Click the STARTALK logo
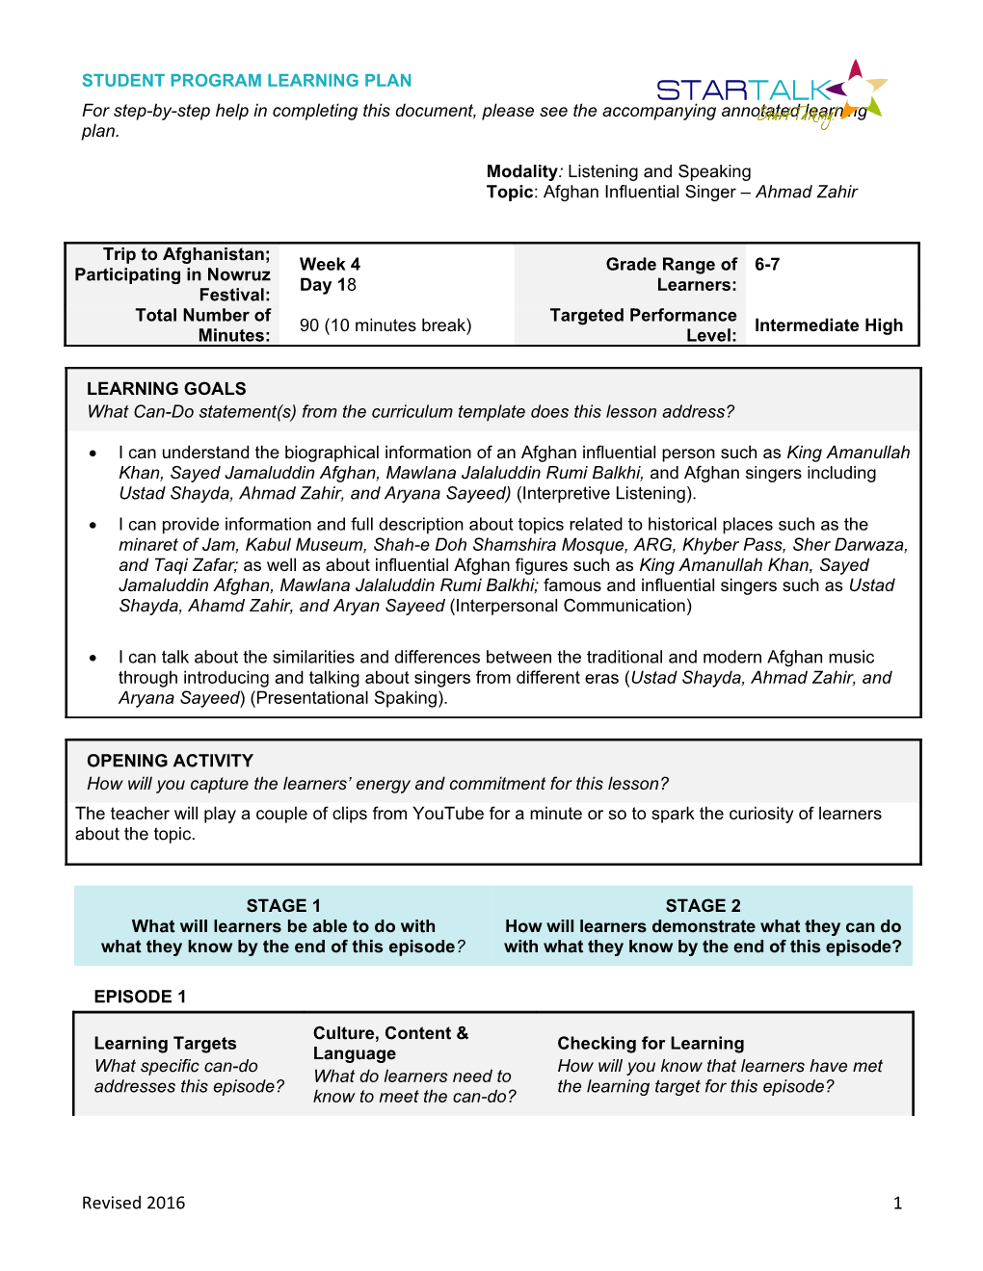click(x=771, y=92)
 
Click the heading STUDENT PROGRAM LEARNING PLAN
click(x=247, y=81)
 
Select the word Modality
click(x=521, y=171)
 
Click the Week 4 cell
click(x=330, y=264)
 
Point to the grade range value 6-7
click(x=767, y=264)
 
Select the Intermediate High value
click(x=828, y=325)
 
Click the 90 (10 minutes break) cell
click(x=385, y=325)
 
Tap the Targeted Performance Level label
click(x=644, y=324)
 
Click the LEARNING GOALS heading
click(x=167, y=389)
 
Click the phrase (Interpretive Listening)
click(x=606, y=493)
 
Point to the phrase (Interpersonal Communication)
click(x=571, y=606)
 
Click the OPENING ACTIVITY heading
click(x=170, y=761)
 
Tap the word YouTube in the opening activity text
click(x=448, y=814)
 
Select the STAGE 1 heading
click(x=283, y=906)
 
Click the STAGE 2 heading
click(x=703, y=906)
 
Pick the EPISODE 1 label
click(x=140, y=997)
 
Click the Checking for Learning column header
click(x=651, y=1043)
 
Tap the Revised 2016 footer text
click(x=133, y=1203)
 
